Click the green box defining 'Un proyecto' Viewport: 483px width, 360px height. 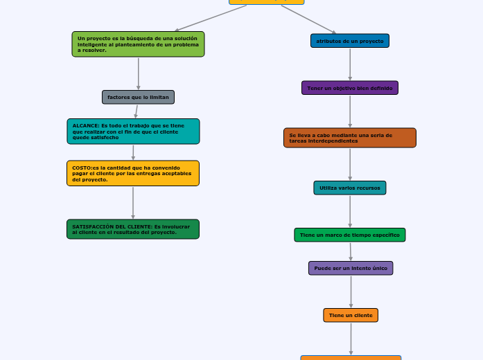[138, 44]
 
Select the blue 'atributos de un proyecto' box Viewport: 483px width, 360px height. [349, 41]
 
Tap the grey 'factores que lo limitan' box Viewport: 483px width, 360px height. [138, 97]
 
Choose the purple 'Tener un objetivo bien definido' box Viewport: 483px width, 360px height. [349, 88]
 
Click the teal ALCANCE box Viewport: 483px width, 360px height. [133, 131]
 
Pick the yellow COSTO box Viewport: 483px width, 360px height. [133, 173]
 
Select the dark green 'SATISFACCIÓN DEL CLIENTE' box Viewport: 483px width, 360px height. [133, 229]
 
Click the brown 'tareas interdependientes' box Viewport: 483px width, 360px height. [349, 138]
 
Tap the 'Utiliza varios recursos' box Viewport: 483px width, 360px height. [349, 188]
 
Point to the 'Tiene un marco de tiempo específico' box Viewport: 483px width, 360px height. [349, 235]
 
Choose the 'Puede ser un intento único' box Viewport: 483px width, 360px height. [350, 268]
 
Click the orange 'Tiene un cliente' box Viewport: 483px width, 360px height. [350, 315]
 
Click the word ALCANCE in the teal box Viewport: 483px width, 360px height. [86, 126]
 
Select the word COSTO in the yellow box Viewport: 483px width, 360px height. [82, 168]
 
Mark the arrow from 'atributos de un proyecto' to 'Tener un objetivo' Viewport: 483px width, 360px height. [350, 64]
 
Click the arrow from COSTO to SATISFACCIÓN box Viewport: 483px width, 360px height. [133, 203]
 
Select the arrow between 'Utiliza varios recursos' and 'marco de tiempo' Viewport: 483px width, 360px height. [350, 211]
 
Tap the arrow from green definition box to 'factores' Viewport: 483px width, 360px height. [139, 73]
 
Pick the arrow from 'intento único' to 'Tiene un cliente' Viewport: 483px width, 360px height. [351, 291]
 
